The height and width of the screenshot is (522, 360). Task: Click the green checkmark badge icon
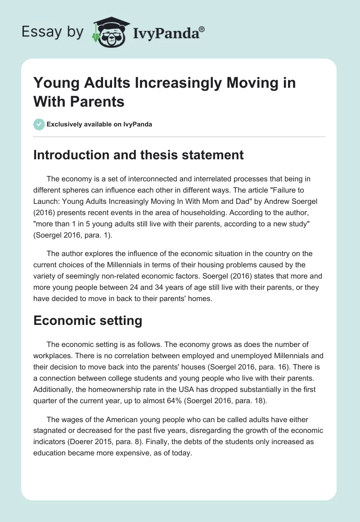pos(39,124)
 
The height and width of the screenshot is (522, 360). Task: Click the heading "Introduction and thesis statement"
pos(139,155)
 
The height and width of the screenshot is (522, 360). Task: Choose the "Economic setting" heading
pos(88,320)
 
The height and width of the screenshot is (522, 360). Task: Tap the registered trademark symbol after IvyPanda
pos(202,28)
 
